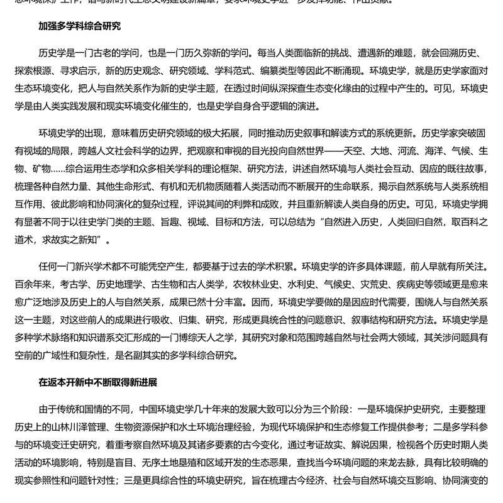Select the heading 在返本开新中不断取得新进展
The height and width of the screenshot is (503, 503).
pyautogui.click(x=97, y=382)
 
